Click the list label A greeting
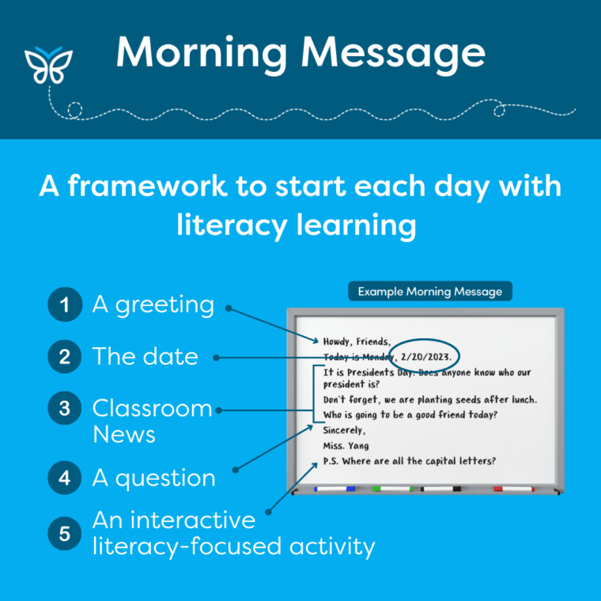click(153, 304)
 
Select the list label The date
click(145, 357)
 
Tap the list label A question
click(153, 478)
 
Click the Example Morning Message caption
click(429, 291)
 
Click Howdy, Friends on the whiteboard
click(357, 342)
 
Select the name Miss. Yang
click(346, 446)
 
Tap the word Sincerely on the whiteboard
click(345, 431)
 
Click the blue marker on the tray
click(335, 489)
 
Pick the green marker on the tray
click(392, 489)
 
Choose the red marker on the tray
click(513, 489)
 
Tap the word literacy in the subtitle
click(229, 225)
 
